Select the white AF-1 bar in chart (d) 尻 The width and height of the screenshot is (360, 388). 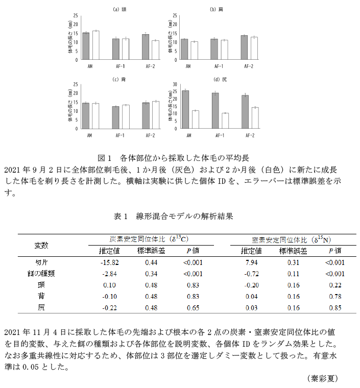click(x=225, y=120)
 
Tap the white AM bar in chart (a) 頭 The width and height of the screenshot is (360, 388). click(x=95, y=45)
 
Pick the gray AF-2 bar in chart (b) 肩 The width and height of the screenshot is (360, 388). click(x=244, y=47)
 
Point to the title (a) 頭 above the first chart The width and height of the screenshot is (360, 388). click(x=121, y=9)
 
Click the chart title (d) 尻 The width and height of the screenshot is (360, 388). click(x=221, y=79)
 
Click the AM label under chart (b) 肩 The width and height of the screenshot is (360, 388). click(x=188, y=66)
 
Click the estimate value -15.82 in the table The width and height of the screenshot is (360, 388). click(x=110, y=262)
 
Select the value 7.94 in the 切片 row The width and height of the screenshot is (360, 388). click(x=251, y=262)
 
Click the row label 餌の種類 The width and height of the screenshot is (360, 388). click(x=41, y=274)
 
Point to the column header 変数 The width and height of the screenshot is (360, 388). click(x=41, y=245)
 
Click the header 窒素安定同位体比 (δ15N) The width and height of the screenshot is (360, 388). click(x=289, y=239)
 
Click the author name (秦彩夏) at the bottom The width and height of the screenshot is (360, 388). click(x=322, y=378)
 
